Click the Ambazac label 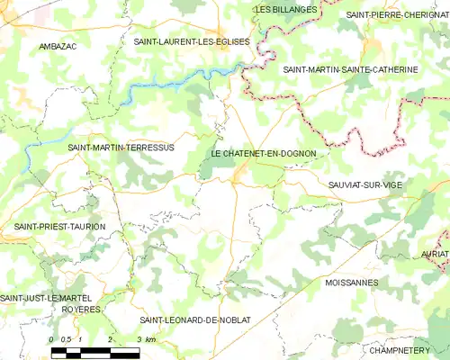pyautogui.click(x=58, y=45)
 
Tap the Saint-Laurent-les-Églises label pyautogui.click(x=192, y=41)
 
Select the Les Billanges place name pyautogui.click(x=286, y=9)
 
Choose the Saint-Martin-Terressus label pyautogui.click(x=120, y=147)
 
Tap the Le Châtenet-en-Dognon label pyautogui.click(x=263, y=154)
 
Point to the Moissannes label pyautogui.click(x=351, y=282)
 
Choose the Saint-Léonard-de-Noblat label pyautogui.click(x=194, y=319)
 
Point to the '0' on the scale pyautogui.click(x=52, y=338)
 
